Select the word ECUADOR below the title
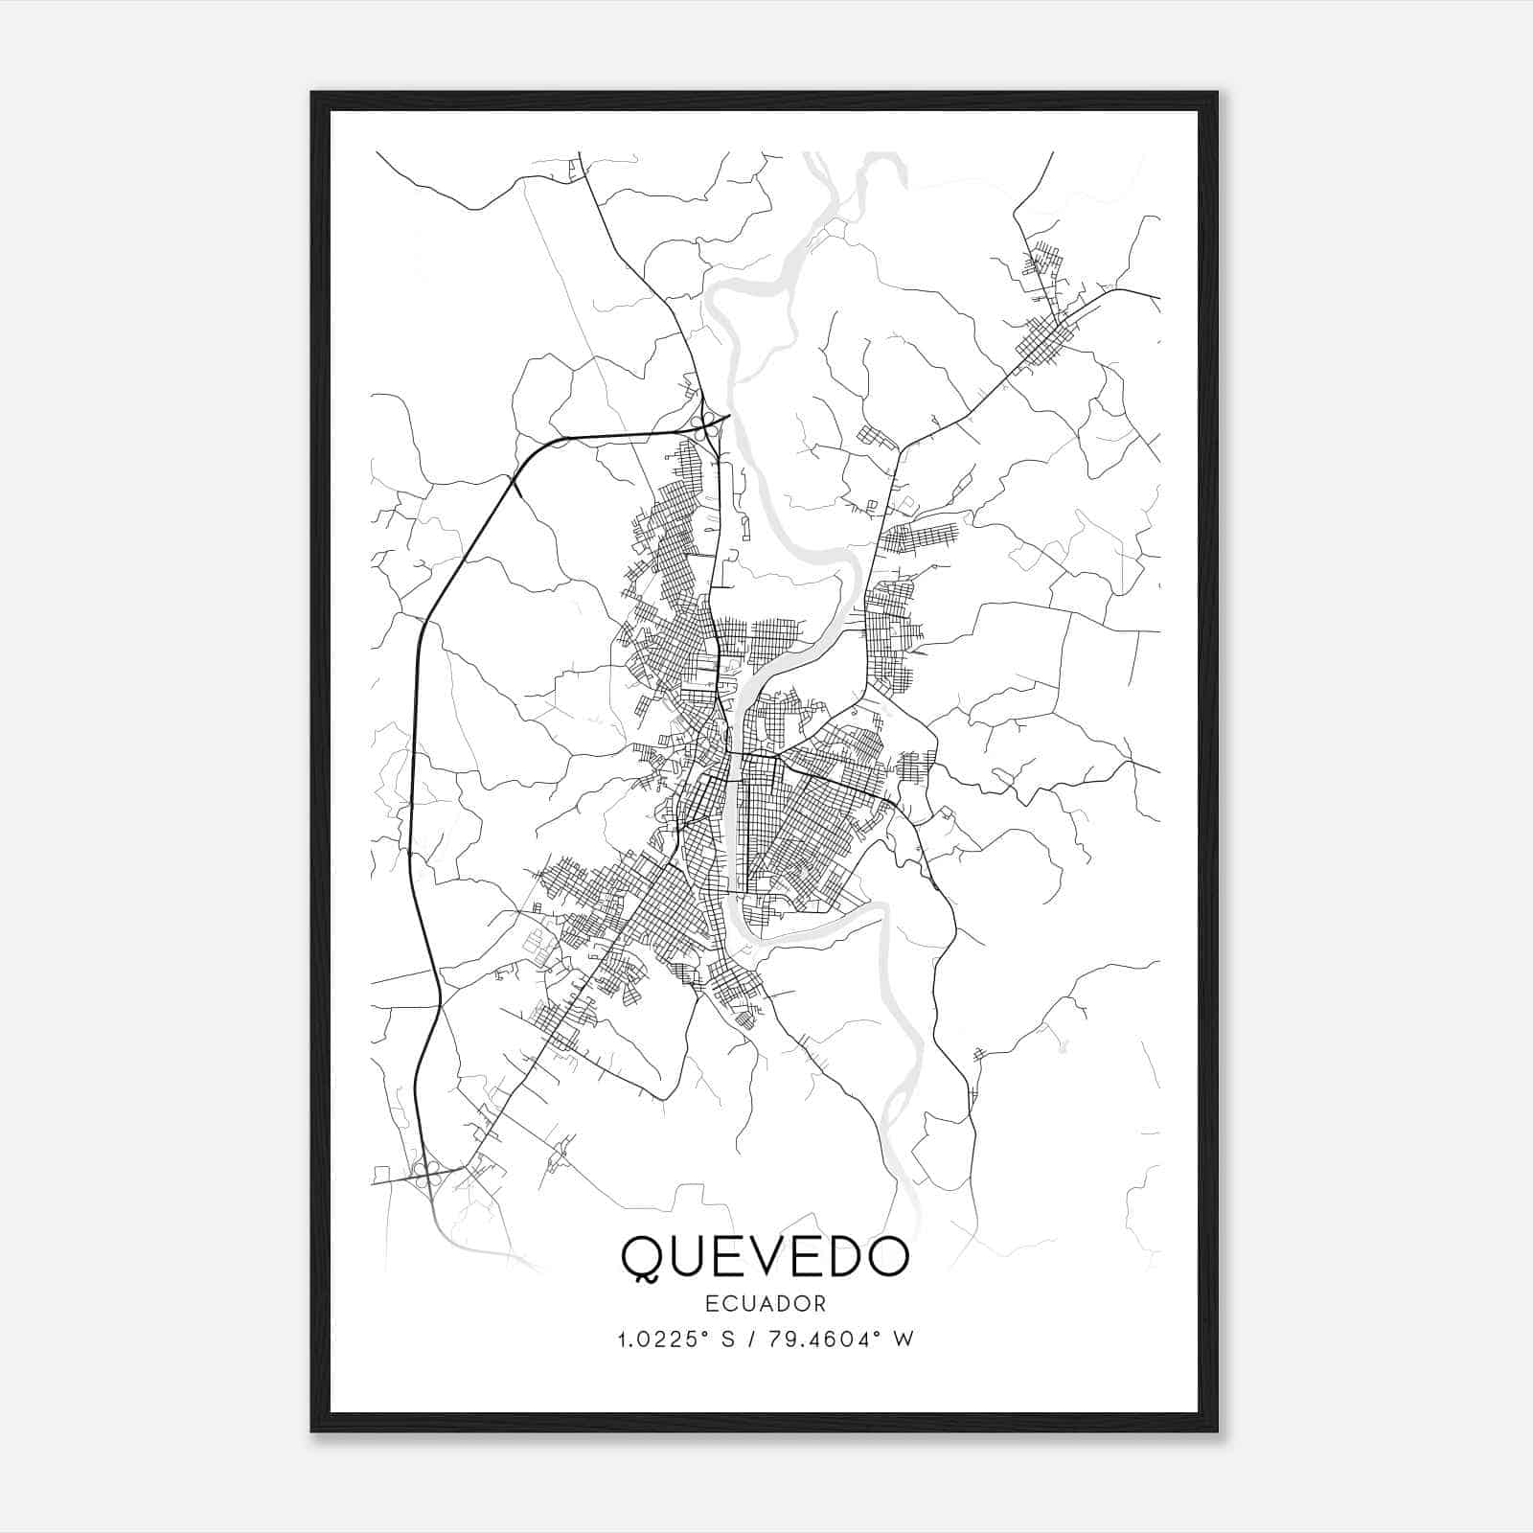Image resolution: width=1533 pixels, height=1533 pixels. click(x=765, y=1303)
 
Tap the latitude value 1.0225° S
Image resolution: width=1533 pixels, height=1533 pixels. click(x=675, y=1339)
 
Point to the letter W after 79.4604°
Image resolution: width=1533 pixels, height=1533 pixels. click(x=904, y=1339)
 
